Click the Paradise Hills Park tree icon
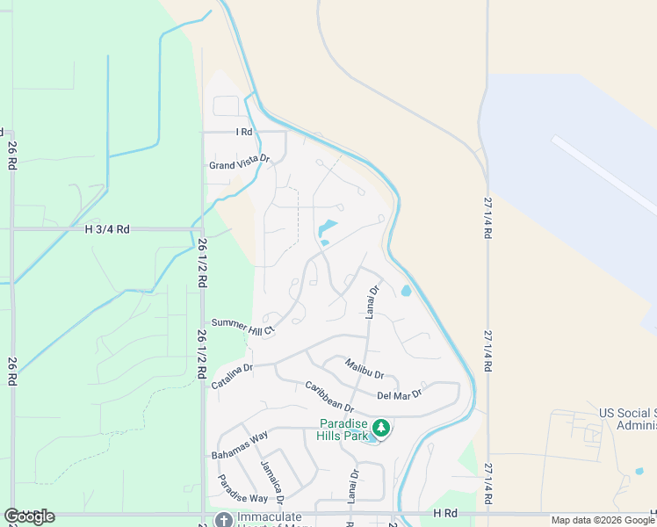[381, 428]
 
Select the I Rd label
[243, 132]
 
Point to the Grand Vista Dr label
[239, 163]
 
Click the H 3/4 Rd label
[107, 229]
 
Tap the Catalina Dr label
[232, 377]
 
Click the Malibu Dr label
[365, 368]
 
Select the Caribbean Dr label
[329, 397]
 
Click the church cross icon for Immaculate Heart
[224, 520]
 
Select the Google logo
[29, 516]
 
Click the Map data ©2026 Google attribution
[603, 520]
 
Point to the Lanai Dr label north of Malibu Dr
[372, 301]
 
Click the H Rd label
[446, 512]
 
